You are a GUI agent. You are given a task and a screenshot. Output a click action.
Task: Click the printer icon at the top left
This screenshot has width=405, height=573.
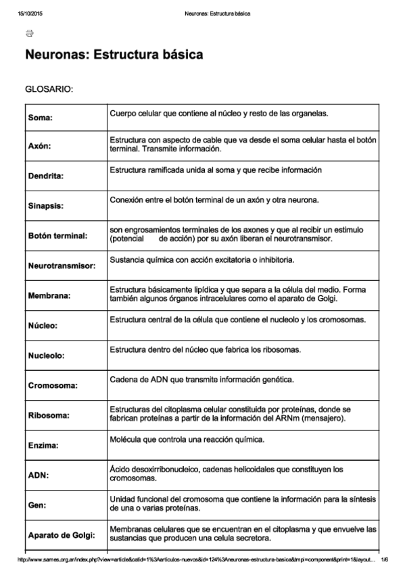point(29,34)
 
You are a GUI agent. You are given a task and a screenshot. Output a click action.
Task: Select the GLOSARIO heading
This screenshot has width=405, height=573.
point(49,89)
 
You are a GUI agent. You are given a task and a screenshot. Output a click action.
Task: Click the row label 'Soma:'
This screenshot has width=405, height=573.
point(41,117)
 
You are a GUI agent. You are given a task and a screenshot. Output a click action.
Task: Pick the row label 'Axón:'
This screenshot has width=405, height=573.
point(41,146)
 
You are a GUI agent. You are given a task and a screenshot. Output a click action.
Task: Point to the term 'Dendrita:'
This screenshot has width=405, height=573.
point(46,176)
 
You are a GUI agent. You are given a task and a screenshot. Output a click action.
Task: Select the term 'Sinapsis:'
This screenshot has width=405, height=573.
point(46,205)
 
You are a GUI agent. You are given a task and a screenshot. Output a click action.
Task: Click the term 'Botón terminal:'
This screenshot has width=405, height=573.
point(58,236)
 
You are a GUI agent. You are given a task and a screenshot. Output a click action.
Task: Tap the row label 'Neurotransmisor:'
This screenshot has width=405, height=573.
point(62,266)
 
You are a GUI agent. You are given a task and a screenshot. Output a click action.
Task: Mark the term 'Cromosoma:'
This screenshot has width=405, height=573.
point(53,386)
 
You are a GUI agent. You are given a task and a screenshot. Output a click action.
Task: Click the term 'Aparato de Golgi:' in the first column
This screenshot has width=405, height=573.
point(62,535)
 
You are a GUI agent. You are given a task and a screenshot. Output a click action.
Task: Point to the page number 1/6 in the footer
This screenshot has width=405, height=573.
point(384,559)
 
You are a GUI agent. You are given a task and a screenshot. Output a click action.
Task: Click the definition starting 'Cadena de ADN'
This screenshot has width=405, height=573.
point(201,380)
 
